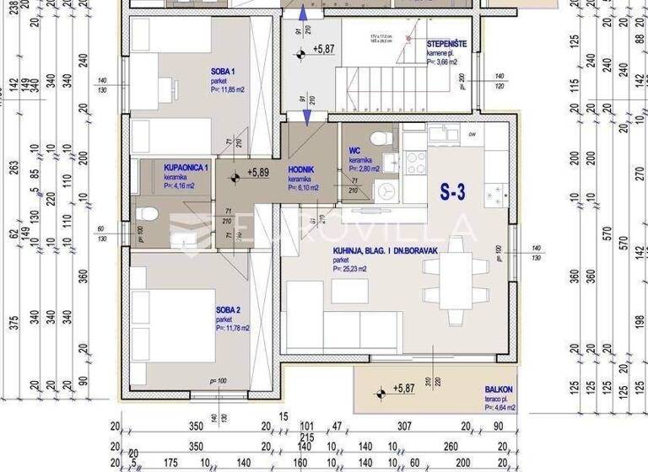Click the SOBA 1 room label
[224, 72]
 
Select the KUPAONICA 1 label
[186, 168]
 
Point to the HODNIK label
[301, 169]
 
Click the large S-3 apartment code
[452, 192]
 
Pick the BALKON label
[497, 389]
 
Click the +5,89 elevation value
[257, 172]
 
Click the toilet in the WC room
[381, 137]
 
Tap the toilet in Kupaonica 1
[147, 214]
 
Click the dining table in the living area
[456, 279]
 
